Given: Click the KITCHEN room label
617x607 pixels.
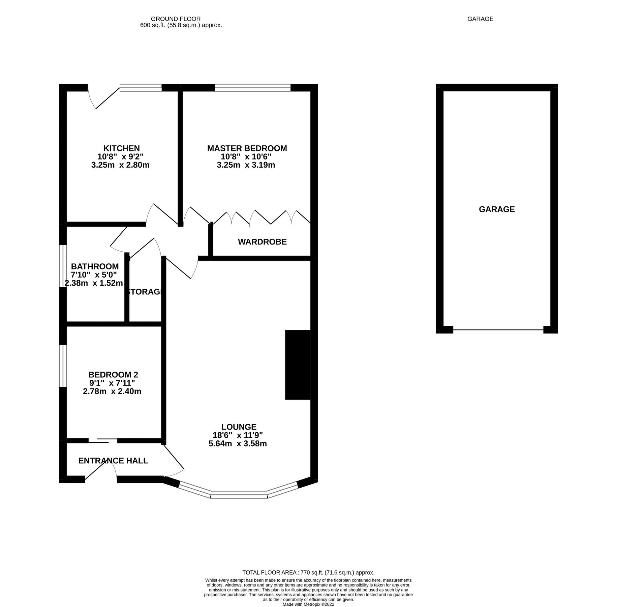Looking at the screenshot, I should pos(121,148).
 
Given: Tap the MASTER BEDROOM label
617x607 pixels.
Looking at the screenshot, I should pos(247,148).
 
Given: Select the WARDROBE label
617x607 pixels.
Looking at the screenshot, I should pos(262,242).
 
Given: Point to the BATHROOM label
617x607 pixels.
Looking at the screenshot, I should pos(95,266).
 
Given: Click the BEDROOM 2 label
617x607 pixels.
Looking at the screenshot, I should pos(113,375).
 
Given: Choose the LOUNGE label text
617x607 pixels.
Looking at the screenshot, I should pos(239,427).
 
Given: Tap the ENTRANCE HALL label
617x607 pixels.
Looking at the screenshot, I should pos(113,461).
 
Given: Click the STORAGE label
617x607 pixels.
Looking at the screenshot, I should pos(145,292).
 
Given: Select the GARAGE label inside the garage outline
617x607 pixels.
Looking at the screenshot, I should pos(497,209).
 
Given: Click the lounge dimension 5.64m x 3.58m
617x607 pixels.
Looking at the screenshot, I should pos(238,444).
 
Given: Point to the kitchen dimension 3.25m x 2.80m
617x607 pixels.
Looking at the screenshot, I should pos(120,165).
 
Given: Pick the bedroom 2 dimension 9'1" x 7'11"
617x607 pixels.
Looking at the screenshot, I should pos(112,383).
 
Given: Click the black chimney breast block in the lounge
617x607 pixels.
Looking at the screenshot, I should pos(298,365).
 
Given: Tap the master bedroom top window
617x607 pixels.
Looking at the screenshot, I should pos(253,88).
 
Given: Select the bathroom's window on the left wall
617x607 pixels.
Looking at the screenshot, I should pos(63,266).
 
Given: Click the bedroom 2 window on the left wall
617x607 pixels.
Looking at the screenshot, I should pos(63,366).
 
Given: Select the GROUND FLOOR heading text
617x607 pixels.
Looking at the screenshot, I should pos(176,19).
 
